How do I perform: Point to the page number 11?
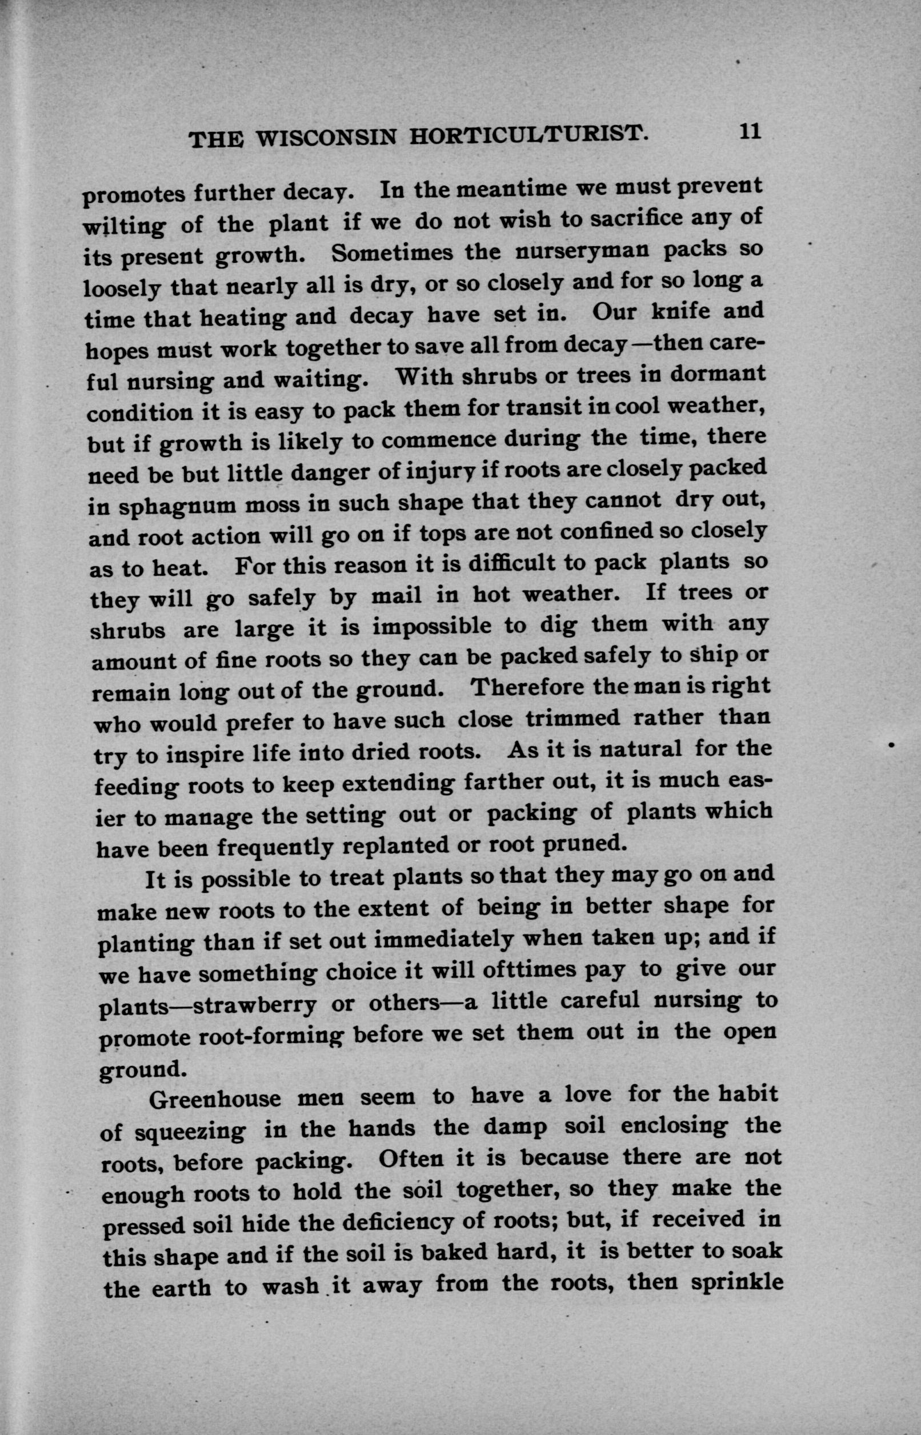pos(750,131)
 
